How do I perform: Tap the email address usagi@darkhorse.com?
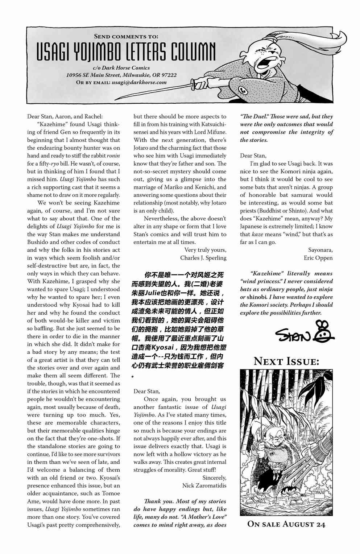(x=139, y=82)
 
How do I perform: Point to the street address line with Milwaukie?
(x=121, y=75)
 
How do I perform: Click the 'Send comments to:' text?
(x=126, y=36)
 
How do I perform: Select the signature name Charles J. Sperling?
(x=203, y=258)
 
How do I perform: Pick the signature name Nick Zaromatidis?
(x=204, y=485)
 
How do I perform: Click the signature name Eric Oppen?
(x=318, y=258)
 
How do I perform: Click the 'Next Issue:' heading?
(x=286, y=361)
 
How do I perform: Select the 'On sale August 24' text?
(x=286, y=524)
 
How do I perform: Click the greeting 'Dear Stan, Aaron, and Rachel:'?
(x=65, y=116)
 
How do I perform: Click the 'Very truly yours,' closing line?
(x=205, y=250)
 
